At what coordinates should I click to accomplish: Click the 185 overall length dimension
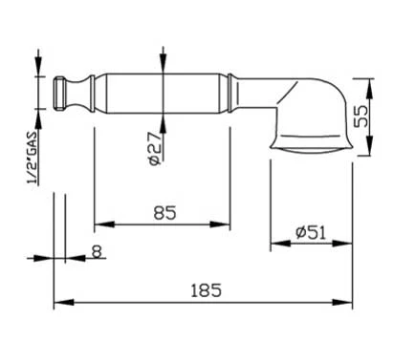click(206, 290)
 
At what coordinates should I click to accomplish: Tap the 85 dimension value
click(164, 213)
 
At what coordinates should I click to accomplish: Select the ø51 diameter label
click(311, 233)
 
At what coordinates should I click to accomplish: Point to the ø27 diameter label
click(155, 149)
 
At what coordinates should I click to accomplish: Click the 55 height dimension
click(360, 117)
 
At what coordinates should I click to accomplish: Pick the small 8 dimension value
click(97, 251)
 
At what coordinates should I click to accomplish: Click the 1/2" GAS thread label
click(33, 158)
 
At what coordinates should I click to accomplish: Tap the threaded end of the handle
click(58, 94)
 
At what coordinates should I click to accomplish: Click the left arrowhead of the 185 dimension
click(64, 303)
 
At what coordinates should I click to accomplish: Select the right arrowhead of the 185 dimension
click(342, 303)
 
